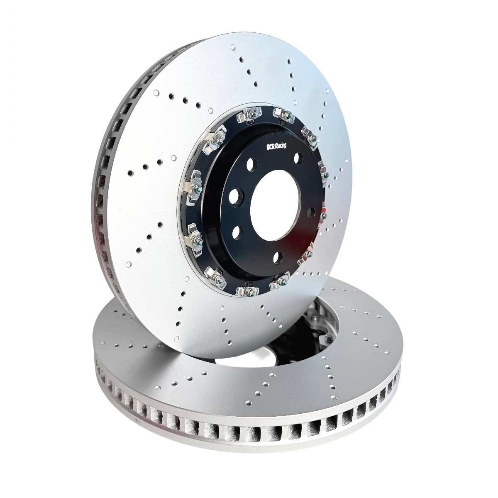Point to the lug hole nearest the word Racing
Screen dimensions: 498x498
[x=298, y=157]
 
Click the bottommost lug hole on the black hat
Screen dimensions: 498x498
[x=277, y=256]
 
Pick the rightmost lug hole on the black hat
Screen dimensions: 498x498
[x=311, y=213]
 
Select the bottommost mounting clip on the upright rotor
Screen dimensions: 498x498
[x=248, y=291]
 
